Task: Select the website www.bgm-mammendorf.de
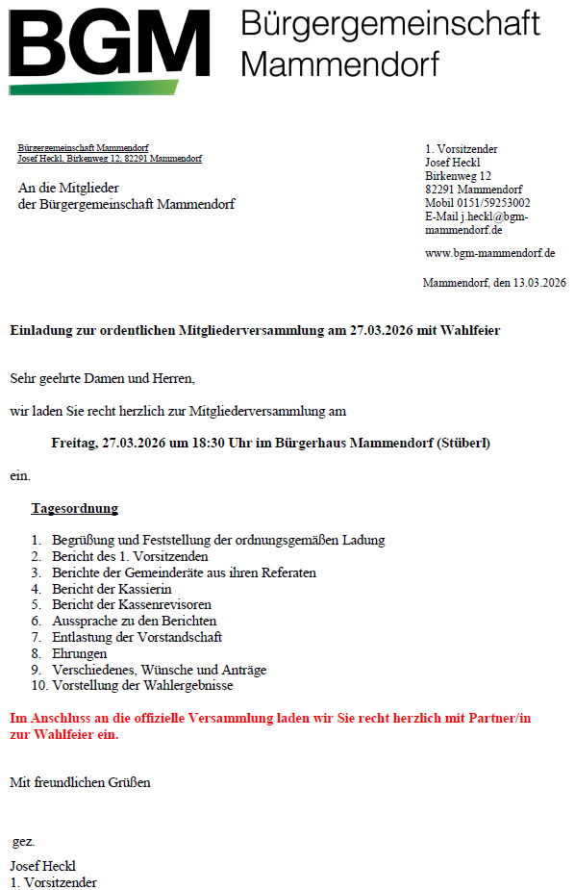[490, 253]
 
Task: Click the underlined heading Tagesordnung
[74, 508]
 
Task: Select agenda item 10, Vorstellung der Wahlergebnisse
[142, 686]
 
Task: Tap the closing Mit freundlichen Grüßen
[80, 782]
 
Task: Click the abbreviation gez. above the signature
[24, 842]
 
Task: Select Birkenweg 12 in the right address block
[458, 176]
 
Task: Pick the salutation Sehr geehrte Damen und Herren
[102, 378]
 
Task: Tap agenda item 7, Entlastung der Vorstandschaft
[137, 637]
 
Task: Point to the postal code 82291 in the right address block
[440, 190]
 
